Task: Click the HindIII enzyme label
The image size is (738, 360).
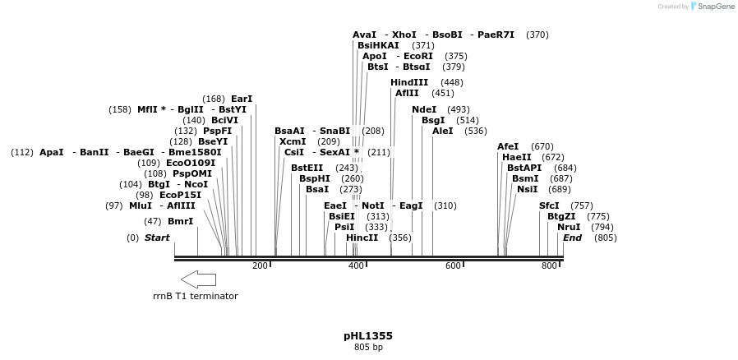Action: pos(409,82)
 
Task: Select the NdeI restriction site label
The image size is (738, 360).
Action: pos(424,109)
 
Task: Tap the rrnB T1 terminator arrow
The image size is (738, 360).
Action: pos(198,279)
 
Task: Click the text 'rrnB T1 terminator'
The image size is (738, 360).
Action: pos(196,296)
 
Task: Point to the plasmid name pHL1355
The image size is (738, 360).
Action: pos(368,336)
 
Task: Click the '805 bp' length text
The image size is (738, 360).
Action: pos(368,347)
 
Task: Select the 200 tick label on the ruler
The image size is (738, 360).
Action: pos(260,266)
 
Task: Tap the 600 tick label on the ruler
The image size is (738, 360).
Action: pos(453,266)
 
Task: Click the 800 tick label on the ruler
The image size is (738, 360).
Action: pos(549,266)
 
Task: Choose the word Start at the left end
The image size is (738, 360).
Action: pos(157,238)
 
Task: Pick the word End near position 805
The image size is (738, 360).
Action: pos(572,238)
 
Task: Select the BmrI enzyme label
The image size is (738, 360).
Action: pos(180,221)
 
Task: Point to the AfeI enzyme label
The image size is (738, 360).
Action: pos(508,146)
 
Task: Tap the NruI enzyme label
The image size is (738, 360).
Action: pos(569,227)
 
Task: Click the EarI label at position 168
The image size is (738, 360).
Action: pos(242,99)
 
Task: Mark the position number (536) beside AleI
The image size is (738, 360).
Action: pos(475,131)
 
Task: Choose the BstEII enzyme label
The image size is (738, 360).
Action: pos(307,168)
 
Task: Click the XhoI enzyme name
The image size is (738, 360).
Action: pos(404,35)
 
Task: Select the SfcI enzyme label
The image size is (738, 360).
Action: pos(549,205)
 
